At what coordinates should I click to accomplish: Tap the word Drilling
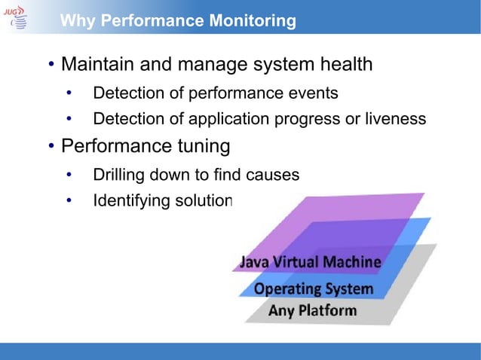point(117,175)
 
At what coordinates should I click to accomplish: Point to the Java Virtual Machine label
point(311,263)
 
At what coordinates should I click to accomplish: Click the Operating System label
point(314,288)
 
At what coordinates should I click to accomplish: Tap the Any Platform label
point(313,310)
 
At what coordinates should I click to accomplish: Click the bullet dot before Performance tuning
point(51,145)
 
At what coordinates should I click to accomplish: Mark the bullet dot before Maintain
point(51,66)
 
